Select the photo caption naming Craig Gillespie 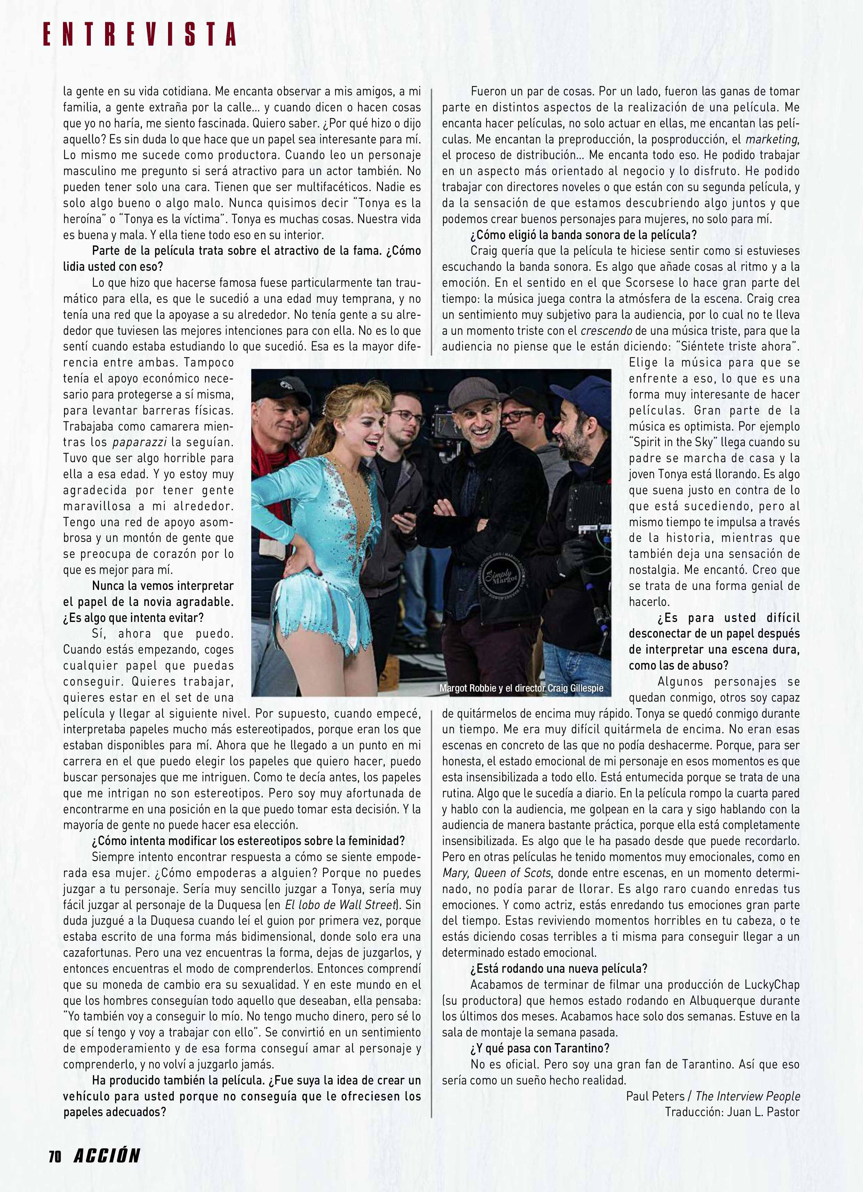click(521, 688)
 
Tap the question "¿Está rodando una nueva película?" click(559, 968)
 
